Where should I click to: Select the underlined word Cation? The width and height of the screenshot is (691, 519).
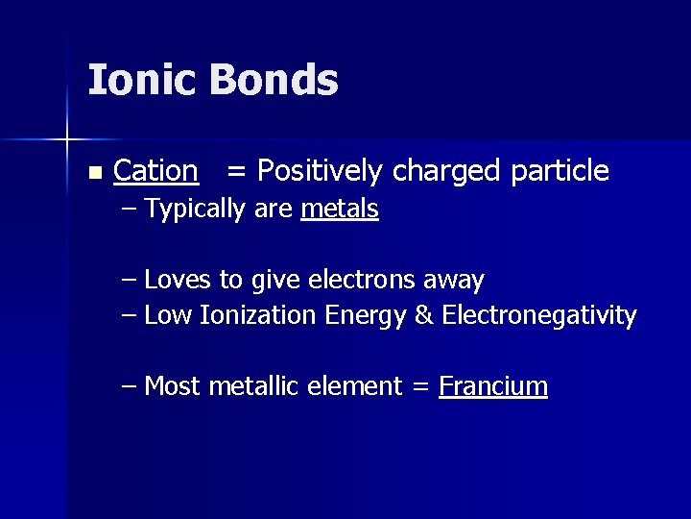click(x=155, y=171)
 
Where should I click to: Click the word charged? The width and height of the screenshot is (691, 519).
click(x=447, y=172)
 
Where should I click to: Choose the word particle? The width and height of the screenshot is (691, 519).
click(x=560, y=172)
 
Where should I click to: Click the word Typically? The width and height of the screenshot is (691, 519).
click(x=197, y=210)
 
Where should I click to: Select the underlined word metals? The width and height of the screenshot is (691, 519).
click(x=340, y=209)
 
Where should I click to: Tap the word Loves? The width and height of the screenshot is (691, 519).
click(x=179, y=281)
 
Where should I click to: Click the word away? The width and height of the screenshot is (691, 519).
click(x=454, y=282)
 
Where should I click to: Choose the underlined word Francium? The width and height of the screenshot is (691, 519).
click(x=493, y=386)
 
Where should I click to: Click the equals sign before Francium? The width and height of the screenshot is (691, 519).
click(x=419, y=387)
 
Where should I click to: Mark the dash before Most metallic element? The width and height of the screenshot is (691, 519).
click(x=131, y=386)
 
